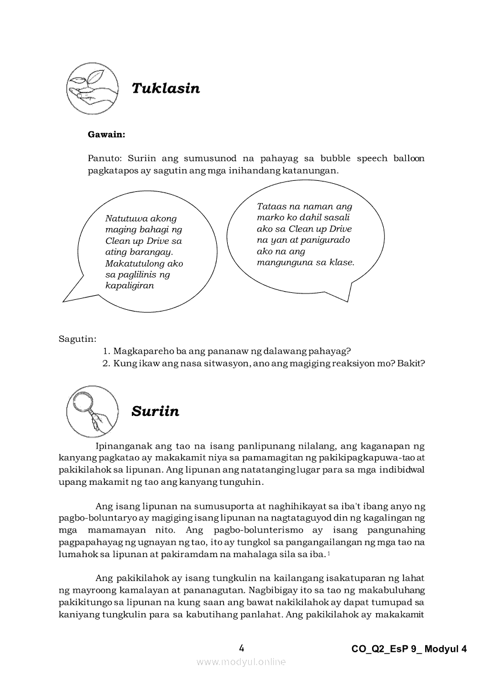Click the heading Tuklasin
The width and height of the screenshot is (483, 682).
pyautogui.click(x=165, y=88)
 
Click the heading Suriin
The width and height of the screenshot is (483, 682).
pyautogui.click(x=155, y=411)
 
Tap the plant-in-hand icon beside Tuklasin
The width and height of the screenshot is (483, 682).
pyautogui.click(x=92, y=89)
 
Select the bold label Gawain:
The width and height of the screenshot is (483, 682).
pyautogui.click(x=106, y=134)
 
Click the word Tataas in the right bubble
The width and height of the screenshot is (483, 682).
pyautogui.click(x=272, y=206)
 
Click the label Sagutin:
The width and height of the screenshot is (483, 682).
pyautogui.click(x=78, y=338)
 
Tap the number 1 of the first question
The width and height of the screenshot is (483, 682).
pyautogui.click(x=106, y=351)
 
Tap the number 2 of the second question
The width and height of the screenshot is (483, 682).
pyautogui.click(x=106, y=363)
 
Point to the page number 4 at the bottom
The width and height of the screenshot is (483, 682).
pyautogui.click(x=241, y=648)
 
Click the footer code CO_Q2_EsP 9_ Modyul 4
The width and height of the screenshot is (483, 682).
pyautogui.click(x=409, y=649)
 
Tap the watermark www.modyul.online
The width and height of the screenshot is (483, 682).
pyautogui.click(x=241, y=662)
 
